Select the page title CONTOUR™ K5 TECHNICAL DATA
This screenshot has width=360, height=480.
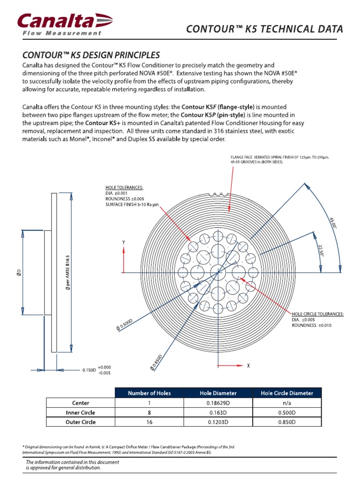click(x=264, y=29)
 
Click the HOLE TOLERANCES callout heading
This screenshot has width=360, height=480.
click(x=124, y=187)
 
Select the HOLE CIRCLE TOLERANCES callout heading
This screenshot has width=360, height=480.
click(x=317, y=314)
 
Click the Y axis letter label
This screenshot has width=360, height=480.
click(x=123, y=242)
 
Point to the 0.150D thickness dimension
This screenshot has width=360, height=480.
click(x=89, y=370)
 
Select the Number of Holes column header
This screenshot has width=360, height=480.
click(x=150, y=393)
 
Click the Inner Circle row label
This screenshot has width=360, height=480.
click(x=80, y=412)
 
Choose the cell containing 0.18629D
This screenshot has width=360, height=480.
click(x=217, y=403)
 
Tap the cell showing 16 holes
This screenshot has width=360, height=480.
click(x=150, y=422)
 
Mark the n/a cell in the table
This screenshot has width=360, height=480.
click(x=287, y=403)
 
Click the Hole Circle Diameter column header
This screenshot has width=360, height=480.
click(x=287, y=393)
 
